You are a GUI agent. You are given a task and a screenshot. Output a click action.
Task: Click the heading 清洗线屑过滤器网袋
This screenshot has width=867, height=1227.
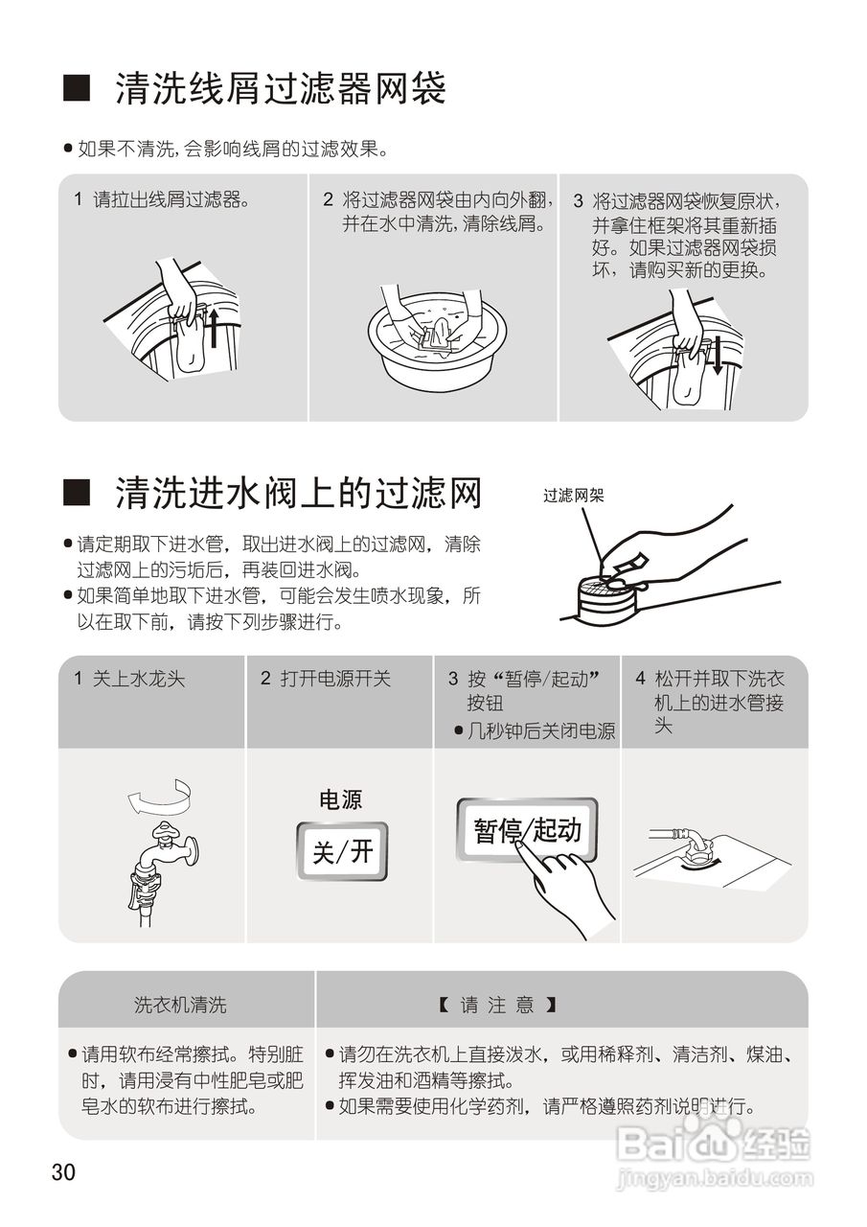pyautogui.click(x=280, y=90)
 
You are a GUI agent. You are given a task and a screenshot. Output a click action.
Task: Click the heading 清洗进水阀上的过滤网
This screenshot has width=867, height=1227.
pyautogui.click(x=297, y=495)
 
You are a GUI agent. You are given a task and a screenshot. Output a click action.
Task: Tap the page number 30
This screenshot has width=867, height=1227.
pyautogui.click(x=63, y=1171)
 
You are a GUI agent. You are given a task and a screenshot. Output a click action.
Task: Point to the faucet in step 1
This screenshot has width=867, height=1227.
pyautogui.click(x=164, y=848)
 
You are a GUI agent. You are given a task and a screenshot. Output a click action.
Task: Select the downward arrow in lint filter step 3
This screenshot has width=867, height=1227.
pyautogui.click(x=715, y=359)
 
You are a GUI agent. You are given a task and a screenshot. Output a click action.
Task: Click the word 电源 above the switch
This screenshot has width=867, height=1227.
pyautogui.click(x=340, y=799)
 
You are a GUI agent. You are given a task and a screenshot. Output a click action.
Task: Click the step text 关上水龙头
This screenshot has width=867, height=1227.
pyautogui.click(x=138, y=679)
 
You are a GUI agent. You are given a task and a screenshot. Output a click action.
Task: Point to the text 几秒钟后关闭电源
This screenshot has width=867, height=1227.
pyautogui.click(x=540, y=730)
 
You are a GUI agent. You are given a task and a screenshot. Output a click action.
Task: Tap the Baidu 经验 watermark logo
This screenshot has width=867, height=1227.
pyautogui.click(x=714, y=1145)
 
